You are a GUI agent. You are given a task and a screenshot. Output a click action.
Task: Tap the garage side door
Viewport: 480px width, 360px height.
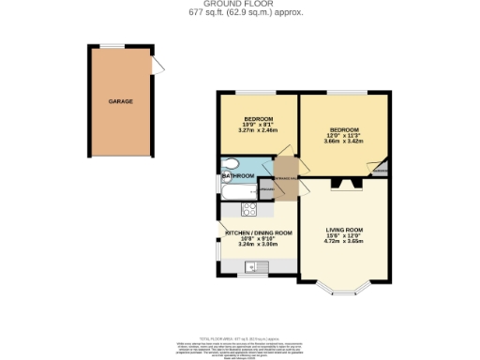click(157, 67)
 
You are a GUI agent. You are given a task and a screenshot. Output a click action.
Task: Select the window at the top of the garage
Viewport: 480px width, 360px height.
click(113, 45)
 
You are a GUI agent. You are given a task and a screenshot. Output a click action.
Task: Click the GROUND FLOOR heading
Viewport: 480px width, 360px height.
click(239, 4)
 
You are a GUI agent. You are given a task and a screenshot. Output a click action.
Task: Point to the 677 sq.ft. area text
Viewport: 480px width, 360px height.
click(239, 12)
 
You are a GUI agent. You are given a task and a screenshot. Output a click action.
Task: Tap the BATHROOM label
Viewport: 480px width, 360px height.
click(238, 176)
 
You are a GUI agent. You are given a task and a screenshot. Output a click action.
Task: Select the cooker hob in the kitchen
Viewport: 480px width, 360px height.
click(249, 210)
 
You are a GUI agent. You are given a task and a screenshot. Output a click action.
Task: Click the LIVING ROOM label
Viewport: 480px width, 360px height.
click(345, 228)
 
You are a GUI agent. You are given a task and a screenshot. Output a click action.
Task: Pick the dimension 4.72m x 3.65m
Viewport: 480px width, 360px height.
click(345, 241)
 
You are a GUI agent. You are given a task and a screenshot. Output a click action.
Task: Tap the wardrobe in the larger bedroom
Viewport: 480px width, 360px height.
click(379, 169)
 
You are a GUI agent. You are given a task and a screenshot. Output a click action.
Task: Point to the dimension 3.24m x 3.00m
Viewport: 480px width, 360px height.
click(259, 245)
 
